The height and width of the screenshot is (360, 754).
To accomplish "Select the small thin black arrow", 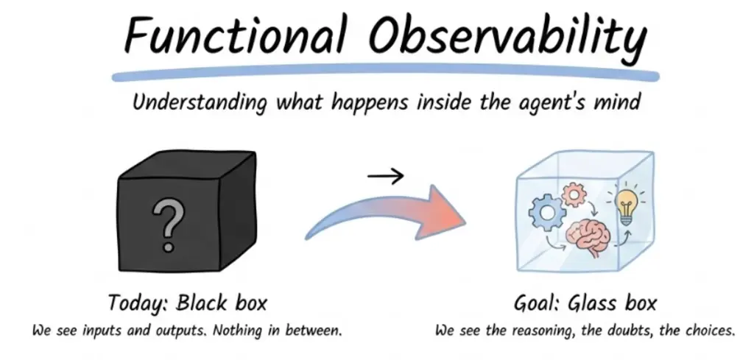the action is coord(386,177).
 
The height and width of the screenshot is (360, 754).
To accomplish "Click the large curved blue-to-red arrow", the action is coord(384,211).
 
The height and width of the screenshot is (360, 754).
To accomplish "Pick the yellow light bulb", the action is coord(626,205).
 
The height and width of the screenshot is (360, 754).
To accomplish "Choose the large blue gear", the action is coord(548,212).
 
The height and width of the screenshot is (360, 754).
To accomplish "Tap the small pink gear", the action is coord(572,194).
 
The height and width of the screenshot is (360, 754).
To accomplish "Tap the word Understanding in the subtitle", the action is coord(199,102).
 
